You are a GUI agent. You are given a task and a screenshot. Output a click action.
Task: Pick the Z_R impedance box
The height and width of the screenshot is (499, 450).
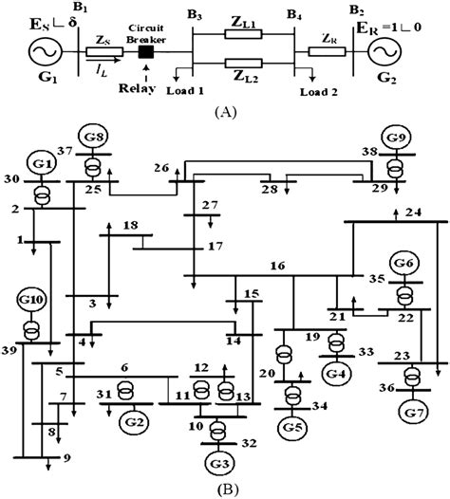click(327, 52)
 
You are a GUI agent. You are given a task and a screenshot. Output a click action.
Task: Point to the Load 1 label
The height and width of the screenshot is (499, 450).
click(186, 91)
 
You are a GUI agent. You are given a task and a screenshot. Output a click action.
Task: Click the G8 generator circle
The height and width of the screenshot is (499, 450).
click(93, 135)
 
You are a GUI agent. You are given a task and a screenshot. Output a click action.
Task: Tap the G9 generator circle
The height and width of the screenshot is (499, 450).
click(397, 138)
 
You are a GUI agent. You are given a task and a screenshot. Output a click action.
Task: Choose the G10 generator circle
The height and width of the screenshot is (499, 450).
click(31, 303)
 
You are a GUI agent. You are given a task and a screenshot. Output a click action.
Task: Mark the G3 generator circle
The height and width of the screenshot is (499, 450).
click(219, 463)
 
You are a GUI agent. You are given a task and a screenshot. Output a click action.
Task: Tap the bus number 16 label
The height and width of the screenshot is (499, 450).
click(277, 268)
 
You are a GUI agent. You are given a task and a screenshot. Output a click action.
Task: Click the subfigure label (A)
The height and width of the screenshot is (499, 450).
click(226, 111)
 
